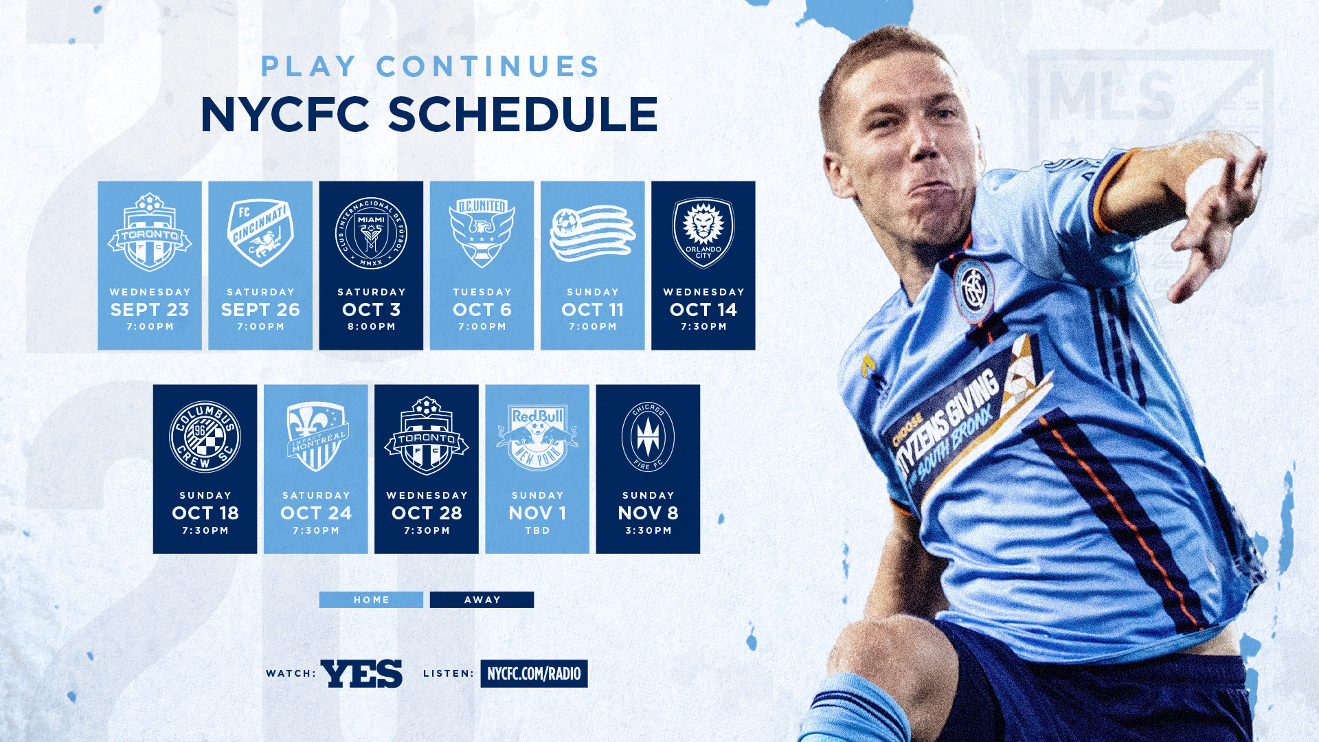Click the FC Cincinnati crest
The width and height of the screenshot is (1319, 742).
260,232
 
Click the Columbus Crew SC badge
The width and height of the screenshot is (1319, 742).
205,437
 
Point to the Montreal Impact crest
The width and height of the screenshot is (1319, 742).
316,437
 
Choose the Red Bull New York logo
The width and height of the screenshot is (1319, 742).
537,437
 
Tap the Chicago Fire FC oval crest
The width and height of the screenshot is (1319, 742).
648,437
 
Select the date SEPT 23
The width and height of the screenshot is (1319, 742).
150,310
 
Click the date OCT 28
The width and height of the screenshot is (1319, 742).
427,513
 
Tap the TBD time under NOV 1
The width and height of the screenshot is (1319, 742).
537,530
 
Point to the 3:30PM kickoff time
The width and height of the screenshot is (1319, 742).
649,530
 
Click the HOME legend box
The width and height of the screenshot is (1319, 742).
371,600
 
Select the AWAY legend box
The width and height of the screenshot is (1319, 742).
482,600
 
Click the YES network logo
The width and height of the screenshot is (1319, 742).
361,673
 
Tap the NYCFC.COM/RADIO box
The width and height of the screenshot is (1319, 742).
534,673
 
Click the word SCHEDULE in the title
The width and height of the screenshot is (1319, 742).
523,114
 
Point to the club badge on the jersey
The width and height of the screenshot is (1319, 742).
973,291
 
